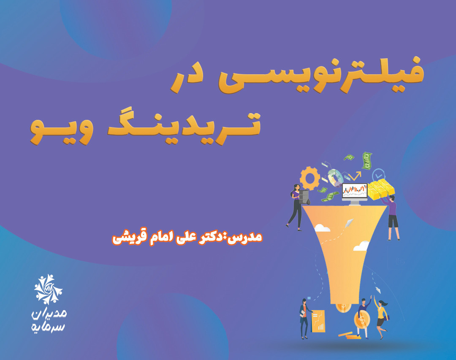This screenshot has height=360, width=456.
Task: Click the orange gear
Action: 309,179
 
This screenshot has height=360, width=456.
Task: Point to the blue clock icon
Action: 378,174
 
